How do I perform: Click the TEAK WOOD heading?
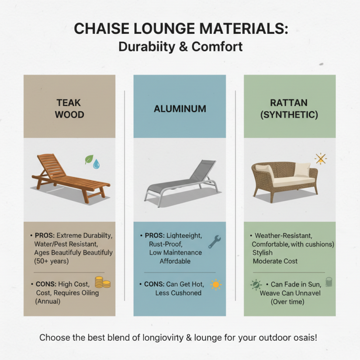coord(69,108)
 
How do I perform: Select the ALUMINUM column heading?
coord(180,109)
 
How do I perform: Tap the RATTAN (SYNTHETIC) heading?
coord(289,108)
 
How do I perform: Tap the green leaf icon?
coord(89,159)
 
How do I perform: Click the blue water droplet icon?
coord(96,165)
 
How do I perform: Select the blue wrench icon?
coord(214,242)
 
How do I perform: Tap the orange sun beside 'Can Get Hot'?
coord(216,284)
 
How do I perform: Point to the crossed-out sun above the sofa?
coord(320,158)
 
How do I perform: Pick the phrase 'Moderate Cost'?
coord(275,261)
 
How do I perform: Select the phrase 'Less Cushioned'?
coord(178,293)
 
